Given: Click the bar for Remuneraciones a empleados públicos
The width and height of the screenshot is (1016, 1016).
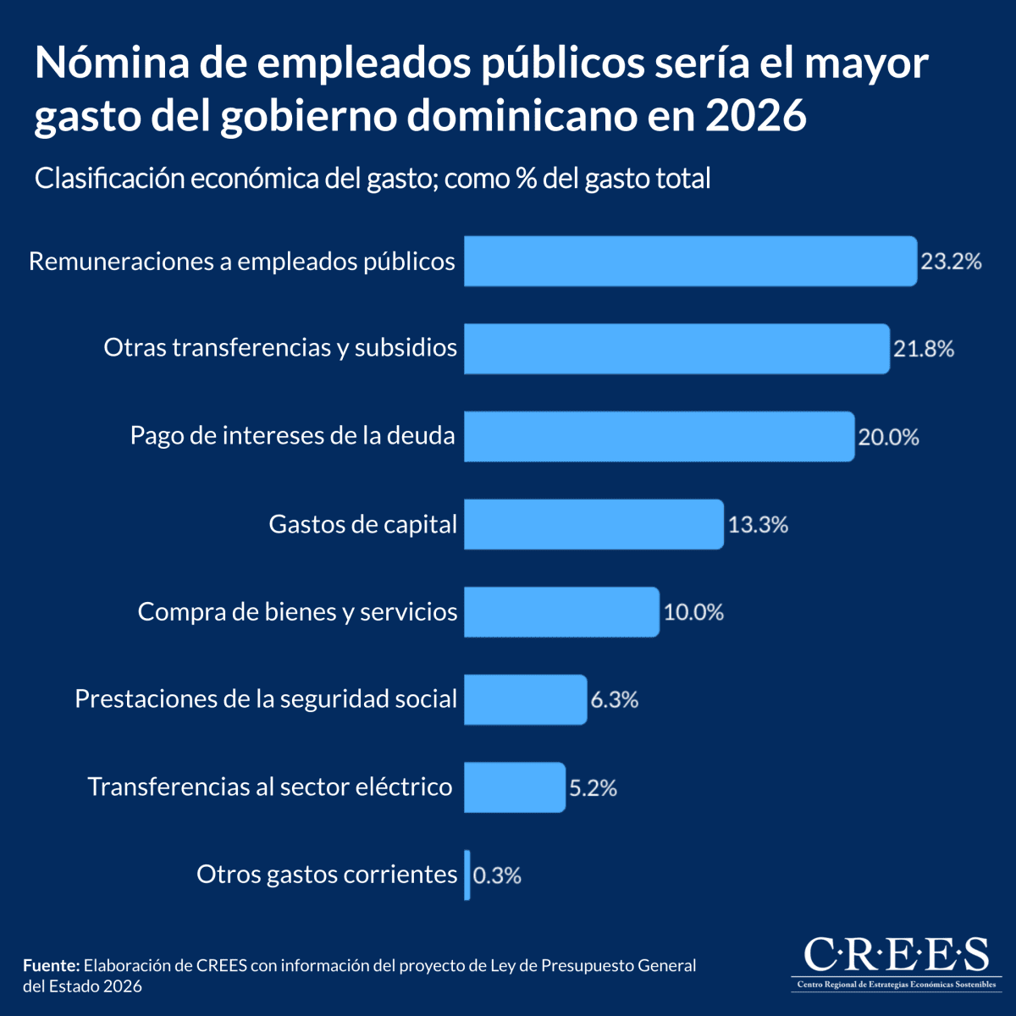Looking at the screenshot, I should pyautogui.click(x=690, y=261).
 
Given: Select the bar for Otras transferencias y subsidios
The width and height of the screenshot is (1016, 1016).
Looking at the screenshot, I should pyautogui.click(x=676, y=349).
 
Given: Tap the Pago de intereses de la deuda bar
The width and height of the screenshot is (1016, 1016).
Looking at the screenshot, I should pyautogui.click(x=659, y=437).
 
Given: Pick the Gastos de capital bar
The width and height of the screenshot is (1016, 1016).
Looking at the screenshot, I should pyautogui.click(x=594, y=524).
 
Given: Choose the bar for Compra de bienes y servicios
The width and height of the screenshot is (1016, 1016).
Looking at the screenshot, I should pyautogui.click(x=561, y=612).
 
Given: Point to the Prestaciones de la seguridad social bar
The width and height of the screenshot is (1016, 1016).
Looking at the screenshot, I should pyautogui.click(x=525, y=699).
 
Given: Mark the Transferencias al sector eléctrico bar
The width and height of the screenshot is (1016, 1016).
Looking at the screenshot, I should pyautogui.click(x=514, y=787).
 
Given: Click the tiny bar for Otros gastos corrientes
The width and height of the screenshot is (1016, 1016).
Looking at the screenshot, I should pyautogui.click(x=467, y=875).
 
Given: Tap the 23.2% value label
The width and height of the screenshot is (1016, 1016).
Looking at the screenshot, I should pyautogui.click(x=951, y=262).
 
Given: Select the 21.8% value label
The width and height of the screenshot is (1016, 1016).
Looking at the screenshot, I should pyautogui.click(x=924, y=349).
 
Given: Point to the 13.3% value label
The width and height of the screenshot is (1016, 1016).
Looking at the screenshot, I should pyautogui.click(x=758, y=525).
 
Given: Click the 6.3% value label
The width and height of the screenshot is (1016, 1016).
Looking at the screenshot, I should pyautogui.click(x=614, y=700).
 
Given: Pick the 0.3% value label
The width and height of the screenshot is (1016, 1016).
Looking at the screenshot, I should pyautogui.click(x=497, y=875).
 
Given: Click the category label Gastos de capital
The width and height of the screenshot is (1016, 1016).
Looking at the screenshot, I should pyautogui.click(x=362, y=524).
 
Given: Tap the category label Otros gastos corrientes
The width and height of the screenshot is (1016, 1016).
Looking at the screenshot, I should pyautogui.click(x=327, y=874).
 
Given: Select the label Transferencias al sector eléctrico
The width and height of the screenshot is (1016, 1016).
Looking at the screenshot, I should pyautogui.click(x=270, y=787).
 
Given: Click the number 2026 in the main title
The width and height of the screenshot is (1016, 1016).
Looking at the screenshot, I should pyautogui.click(x=755, y=116).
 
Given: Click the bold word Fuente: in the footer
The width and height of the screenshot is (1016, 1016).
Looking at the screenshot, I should pyautogui.click(x=51, y=966).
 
